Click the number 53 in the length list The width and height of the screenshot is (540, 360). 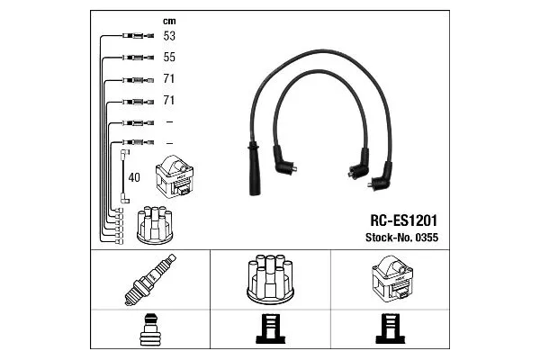(x=169, y=37)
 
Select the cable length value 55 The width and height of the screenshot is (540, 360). (x=169, y=57)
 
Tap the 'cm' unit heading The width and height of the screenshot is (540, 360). (x=168, y=21)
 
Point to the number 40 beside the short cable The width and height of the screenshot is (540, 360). (x=135, y=176)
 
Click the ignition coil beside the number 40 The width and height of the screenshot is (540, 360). (x=175, y=177)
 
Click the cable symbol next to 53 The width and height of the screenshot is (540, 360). (x=132, y=37)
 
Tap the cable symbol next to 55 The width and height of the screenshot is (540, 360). (x=132, y=58)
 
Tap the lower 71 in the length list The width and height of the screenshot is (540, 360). (x=169, y=100)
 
